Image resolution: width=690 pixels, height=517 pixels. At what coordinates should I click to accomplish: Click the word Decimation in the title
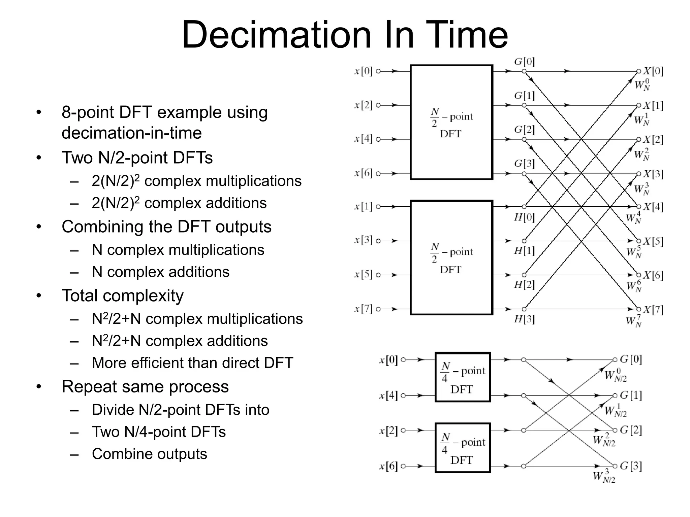pyautogui.click(x=276, y=35)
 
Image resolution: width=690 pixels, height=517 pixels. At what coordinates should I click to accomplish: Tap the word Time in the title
pyautogui.click(x=466, y=35)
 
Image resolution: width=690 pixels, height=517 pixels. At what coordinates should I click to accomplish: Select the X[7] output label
pyautogui.click(x=653, y=310)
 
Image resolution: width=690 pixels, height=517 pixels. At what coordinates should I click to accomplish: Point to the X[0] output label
pyautogui.click(x=653, y=71)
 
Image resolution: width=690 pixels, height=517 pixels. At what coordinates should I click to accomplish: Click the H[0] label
pyautogui.click(x=524, y=217)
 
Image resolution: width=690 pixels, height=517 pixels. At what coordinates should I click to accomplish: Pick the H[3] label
pyautogui.click(x=524, y=319)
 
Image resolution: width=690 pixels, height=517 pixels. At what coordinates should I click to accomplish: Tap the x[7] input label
pyautogui.click(x=363, y=309)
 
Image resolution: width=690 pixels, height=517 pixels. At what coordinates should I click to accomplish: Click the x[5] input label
pyautogui.click(x=363, y=275)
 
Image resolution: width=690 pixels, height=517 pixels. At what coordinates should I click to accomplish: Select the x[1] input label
pyautogui.click(x=363, y=206)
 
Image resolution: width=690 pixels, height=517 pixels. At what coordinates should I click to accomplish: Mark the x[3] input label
pyautogui.click(x=363, y=240)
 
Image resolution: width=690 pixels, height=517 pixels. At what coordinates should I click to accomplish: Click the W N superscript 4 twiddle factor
pyautogui.click(x=634, y=218)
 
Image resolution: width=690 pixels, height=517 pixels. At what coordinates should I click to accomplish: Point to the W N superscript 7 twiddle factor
pyautogui.click(x=634, y=321)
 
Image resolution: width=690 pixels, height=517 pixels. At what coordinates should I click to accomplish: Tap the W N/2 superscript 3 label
pyautogui.click(x=604, y=476)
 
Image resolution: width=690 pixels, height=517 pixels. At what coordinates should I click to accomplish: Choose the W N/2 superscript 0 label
pyautogui.click(x=615, y=375)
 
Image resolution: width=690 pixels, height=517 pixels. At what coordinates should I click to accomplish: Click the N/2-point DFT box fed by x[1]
pyautogui.click(x=451, y=258)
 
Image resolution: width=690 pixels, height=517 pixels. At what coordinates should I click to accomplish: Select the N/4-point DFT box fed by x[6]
pyautogui.click(x=463, y=448)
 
